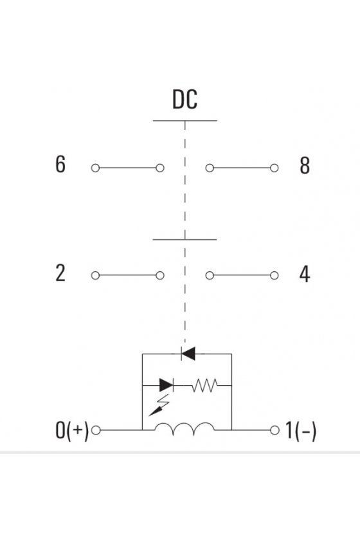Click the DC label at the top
tap(184, 100)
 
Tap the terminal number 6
tap(60, 164)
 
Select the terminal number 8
tap(305, 166)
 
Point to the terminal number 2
tap(60, 273)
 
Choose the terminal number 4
tap(305, 274)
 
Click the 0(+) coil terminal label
tap(71, 431)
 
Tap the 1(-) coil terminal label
tap(301, 431)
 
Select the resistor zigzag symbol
tap(204, 385)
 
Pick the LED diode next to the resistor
tap(166, 385)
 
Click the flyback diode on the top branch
tap(188, 354)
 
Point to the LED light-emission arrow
tap(159, 406)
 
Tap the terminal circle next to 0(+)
tap(96, 430)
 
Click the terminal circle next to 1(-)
tap(274, 430)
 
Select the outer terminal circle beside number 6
tap(95, 168)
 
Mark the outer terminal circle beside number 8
tap(274, 168)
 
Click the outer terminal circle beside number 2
tap(95, 276)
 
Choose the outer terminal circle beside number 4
tap(274, 276)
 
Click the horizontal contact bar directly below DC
tap(185, 121)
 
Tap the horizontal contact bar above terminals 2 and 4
tap(184, 239)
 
